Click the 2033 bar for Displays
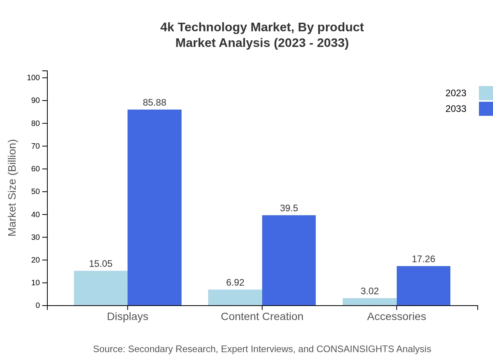(x=155, y=207)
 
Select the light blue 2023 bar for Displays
(x=101, y=288)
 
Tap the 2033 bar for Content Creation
(x=289, y=260)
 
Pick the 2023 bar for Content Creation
(x=235, y=297)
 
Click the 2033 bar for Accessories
(x=423, y=286)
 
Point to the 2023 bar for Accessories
(x=369, y=302)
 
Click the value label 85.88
(x=155, y=103)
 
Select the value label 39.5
(x=289, y=208)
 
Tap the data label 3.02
(x=369, y=291)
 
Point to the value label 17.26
(x=423, y=259)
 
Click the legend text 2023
(x=456, y=93)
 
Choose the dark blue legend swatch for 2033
(x=486, y=109)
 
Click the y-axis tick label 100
(x=33, y=77)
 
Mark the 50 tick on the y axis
(x=36, y=192)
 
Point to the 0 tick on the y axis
(x=38, y=306)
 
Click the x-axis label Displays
(x=128, y=316)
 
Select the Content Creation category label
(x=262, y=316)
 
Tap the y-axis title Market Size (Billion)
(x=12, y=188)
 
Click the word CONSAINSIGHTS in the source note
(x=355, y=349)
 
